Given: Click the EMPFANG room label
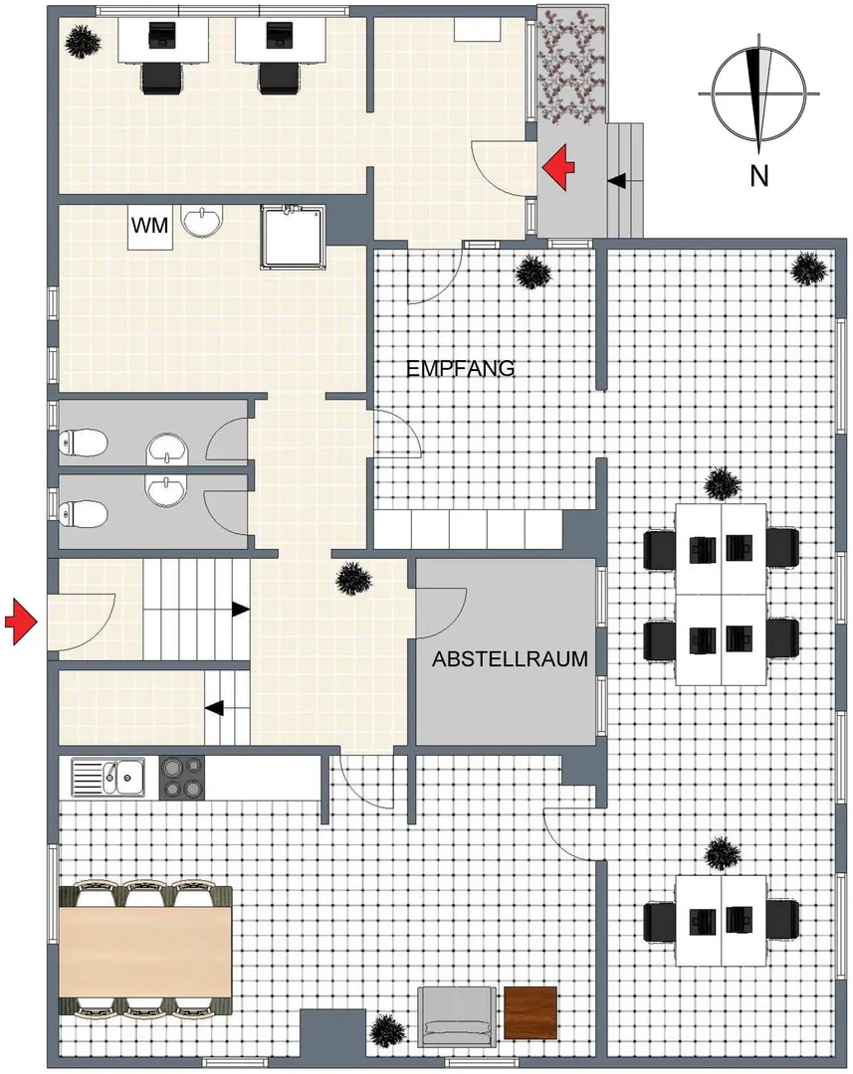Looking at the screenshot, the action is pyautogui.click(x=460, y=369).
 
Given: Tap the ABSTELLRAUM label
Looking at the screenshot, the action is pyautogui.click(x=510, y=659).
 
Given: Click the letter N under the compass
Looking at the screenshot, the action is pyautogui.click(x=758, y=176).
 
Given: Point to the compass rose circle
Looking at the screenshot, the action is pyautogui.click(x=759, y=92).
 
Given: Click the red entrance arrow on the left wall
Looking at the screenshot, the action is pyautogui.click(x=20, y=622).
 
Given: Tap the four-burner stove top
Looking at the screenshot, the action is pyautogui.click(x=182, y=778).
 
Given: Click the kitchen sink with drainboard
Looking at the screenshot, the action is pyautogui.click(x=107, y=778).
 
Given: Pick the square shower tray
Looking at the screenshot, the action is pyautogui.click(x=291, y=237).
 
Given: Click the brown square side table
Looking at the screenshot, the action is pyautogui.click(x=531, y=1013).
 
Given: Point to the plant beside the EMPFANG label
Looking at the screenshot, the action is pyautogui.click(x=533, y=272).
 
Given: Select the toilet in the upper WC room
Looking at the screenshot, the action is pyautogui.click(x=84, y=444).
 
